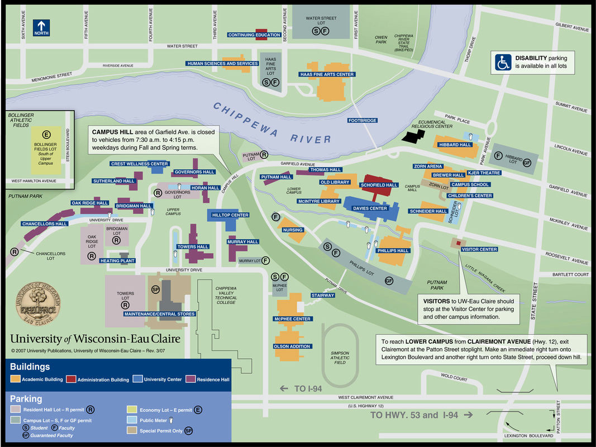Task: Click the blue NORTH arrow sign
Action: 42,27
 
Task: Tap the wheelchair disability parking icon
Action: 502,62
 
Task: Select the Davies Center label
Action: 370,208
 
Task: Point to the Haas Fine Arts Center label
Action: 327,74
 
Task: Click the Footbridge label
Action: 362,120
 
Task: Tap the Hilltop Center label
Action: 231,215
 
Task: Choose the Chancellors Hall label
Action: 45,223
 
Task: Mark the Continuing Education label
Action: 254,35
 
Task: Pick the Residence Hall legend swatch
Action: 190,380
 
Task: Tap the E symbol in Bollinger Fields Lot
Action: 46,134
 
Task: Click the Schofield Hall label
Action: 379,185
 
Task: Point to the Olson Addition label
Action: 292,346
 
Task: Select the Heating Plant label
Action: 118,261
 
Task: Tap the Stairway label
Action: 323,295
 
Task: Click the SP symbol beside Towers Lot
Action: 157,289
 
